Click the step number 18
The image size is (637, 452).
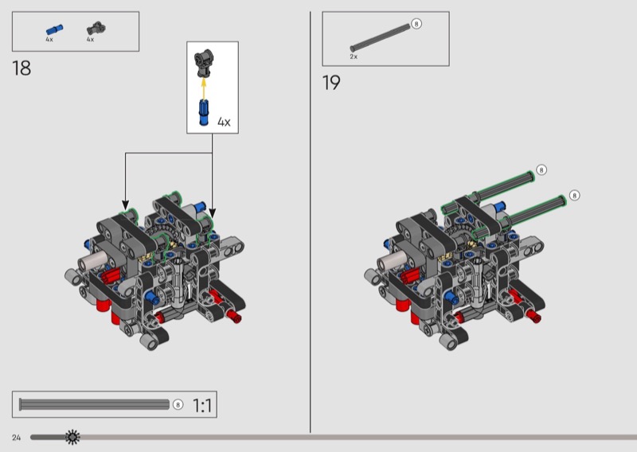coord(21,68)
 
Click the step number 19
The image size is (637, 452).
coord(331,83)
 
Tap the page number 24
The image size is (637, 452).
coord(16,438)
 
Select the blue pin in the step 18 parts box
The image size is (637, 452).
coord(54,29)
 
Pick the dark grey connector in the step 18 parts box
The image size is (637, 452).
coord(96,29)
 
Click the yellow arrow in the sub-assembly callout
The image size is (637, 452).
coord(204,88)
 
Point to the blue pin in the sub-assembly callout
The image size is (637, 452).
coord(204,112)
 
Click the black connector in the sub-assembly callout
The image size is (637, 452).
coord(204,63)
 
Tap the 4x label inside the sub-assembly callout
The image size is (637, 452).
coord(224,122)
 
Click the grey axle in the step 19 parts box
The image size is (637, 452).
coord(380,37)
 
